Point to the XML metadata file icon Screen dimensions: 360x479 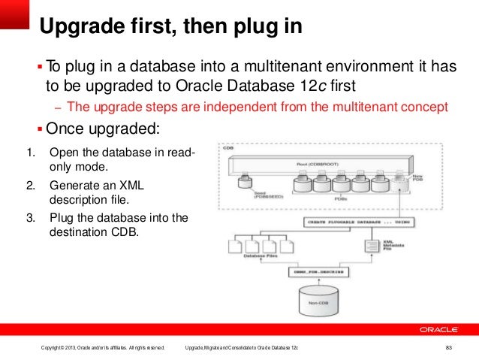(369, 247)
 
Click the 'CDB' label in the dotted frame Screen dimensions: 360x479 (227, 148)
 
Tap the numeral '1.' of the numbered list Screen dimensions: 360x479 (31, 154)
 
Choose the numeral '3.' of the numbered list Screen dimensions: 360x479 (31, 218)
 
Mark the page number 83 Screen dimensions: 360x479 (449, 347)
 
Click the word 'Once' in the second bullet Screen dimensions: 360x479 (62, 128)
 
